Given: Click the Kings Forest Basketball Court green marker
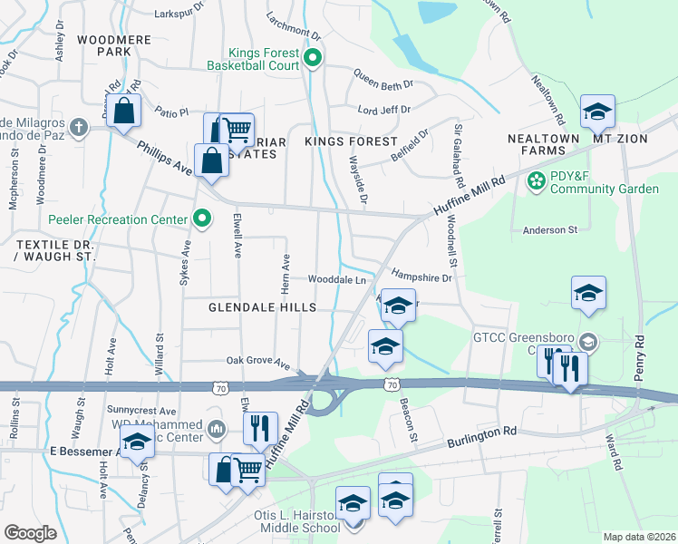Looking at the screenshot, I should (313, 59).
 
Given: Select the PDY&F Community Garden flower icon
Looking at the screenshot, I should (537, 181).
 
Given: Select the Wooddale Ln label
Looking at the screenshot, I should (335, 279).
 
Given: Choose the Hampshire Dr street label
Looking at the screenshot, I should (421, 277).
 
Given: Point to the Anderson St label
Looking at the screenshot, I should (549, 230).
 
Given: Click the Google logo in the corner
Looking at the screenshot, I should (30, 532).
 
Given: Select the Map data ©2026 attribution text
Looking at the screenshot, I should (638, 537).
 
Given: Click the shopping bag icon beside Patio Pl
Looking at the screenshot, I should (125, 113).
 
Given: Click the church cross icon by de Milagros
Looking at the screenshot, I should (79, 127).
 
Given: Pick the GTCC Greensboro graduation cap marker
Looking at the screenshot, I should (588, 343).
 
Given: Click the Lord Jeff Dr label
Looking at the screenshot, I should (385, 111).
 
